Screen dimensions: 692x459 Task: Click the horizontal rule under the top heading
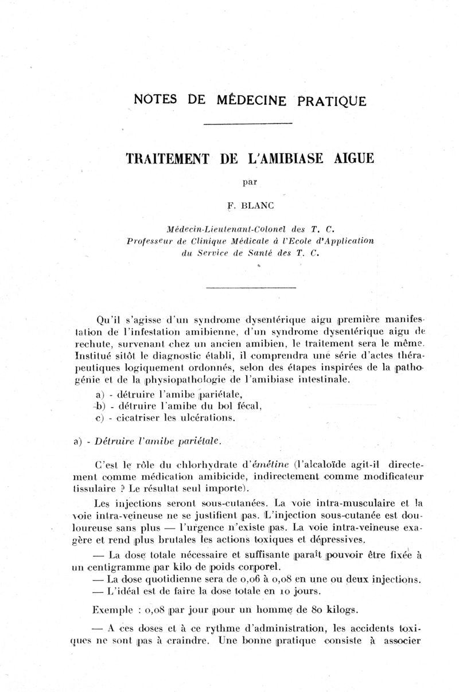(248, 124)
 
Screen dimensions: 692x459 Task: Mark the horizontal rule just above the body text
(250, 287)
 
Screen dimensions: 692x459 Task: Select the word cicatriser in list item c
(141, 418)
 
